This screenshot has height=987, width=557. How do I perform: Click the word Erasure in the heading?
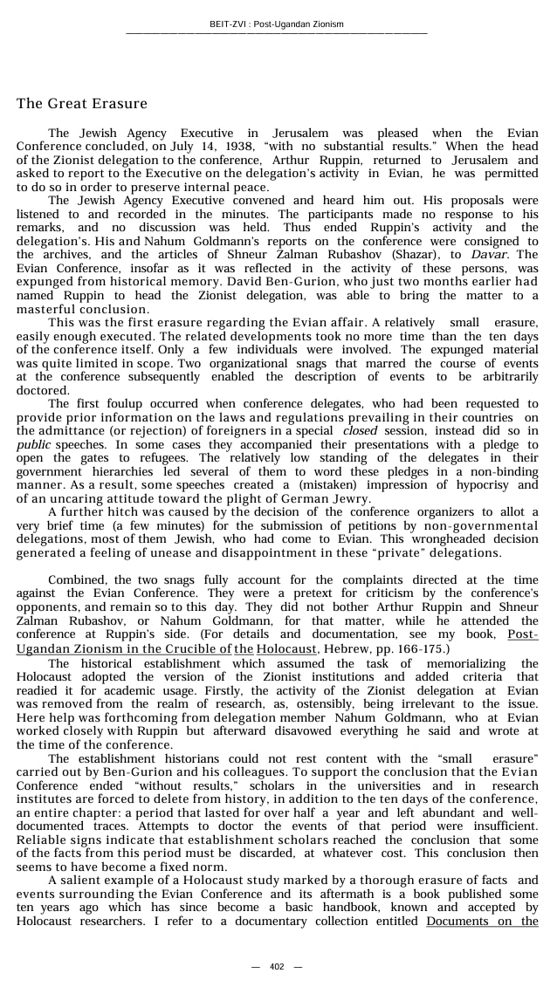[x=120, y=104]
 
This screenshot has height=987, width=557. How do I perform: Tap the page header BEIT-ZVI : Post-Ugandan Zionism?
[x=277, y=24]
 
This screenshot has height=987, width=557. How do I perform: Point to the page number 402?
[x=277, y=966]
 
